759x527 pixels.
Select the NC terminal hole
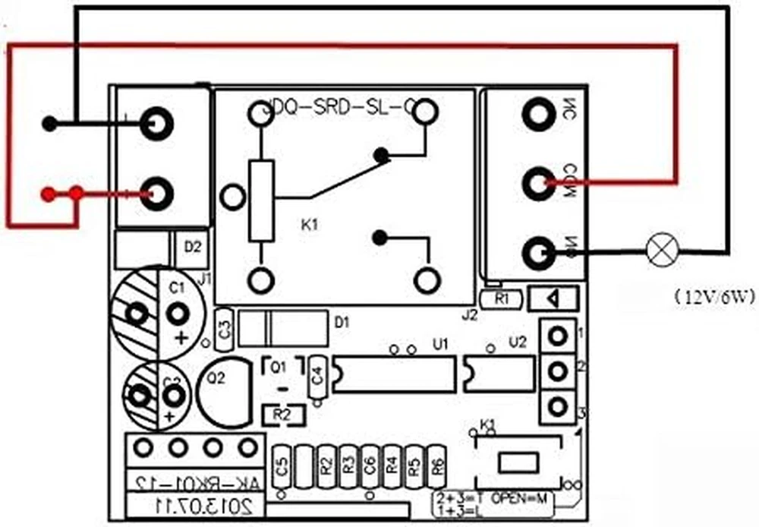click(539, 115)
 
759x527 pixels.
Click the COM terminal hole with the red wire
click(539, 182)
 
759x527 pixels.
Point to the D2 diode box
click(192, 246)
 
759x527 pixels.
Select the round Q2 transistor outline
click(223, 383)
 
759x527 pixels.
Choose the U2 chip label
click(517, 343)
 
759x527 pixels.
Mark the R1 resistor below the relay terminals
click(501, 298)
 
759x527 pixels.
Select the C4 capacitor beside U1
click(317, 374)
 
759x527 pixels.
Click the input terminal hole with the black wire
click(156, 123)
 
